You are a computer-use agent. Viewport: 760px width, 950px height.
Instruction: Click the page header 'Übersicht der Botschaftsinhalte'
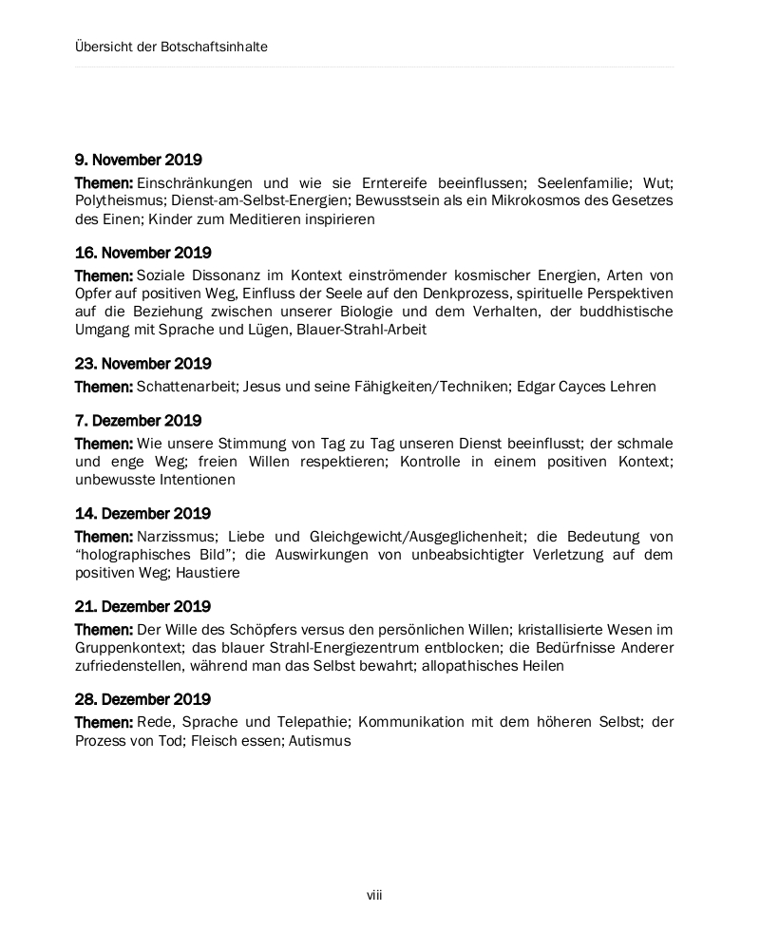click(171, 47)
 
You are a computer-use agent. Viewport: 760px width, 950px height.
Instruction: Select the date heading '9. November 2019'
click(139, 161)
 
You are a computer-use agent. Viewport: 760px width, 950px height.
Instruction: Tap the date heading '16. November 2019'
click(143, 253)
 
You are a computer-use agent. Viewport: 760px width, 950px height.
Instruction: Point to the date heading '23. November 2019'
click(143, 364)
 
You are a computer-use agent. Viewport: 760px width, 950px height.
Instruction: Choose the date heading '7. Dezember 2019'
click(139, 421)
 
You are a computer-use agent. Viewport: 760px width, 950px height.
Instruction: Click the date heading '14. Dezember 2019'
click(143, 514)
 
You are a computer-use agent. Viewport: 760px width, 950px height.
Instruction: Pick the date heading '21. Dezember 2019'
click(143, 606)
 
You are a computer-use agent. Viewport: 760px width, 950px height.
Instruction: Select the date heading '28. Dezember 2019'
click(143, 699)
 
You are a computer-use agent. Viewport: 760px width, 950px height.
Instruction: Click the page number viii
click(375, 895)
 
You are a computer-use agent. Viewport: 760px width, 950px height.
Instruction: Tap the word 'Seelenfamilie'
click(579, 182)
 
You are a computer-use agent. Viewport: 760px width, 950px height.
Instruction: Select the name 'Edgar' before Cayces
click(537, 387)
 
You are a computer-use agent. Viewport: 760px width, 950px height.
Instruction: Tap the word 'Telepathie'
click(314, 722)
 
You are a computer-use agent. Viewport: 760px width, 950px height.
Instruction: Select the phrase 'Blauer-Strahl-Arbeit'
click(361, 330)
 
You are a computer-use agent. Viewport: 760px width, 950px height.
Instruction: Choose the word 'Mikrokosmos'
click(489, 200)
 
